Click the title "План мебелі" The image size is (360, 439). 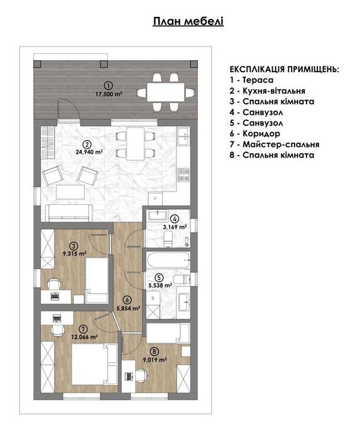(x=188, y=21)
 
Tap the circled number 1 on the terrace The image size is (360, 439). (x=109, y=85)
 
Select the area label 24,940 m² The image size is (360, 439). (x=89, y=152)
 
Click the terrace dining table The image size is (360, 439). (x=166, y=92)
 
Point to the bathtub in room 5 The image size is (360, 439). (x=168, y=260)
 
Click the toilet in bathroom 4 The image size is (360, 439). (x=168, y=239)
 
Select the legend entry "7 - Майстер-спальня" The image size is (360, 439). (x=275, y=144)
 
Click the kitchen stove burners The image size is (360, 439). (x=184, y=175)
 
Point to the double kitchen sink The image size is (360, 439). (x=184, y=136)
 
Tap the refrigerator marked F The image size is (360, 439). (x=155, y=199)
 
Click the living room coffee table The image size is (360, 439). (x=70, y=192)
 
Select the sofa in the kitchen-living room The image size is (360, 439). (x=69, y=213)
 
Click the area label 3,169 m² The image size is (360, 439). (x=175, y=227)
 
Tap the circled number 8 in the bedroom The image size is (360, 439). (x=155, y=351)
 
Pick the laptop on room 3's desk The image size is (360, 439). (x=55, y=295)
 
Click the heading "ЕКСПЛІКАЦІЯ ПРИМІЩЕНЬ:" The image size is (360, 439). (x=285, y=69)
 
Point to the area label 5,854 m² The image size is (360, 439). (x=128, y=308)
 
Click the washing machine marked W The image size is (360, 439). (x=153, y=298)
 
